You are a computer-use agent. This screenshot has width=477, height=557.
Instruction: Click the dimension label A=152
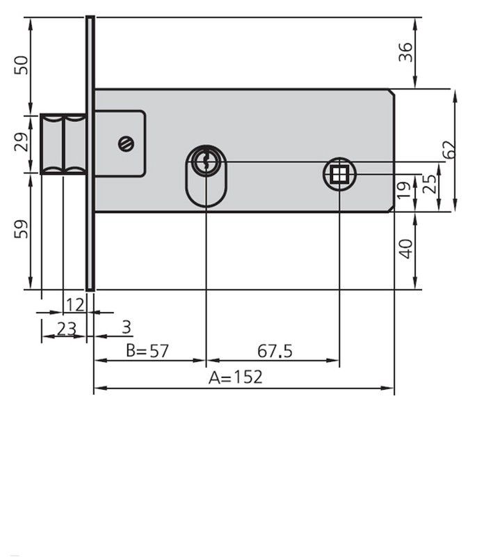236,377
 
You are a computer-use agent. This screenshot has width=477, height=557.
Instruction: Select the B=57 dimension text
147,350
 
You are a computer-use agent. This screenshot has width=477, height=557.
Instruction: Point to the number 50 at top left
22,65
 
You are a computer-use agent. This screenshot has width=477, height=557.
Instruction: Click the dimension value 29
22,143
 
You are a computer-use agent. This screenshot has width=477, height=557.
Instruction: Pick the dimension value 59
22,228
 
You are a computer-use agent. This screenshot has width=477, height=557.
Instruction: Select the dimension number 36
405,52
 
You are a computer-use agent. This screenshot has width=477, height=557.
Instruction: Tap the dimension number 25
430,185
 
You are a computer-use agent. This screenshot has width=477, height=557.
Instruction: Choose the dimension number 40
405,248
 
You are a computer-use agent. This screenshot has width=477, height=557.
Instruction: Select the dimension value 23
66,329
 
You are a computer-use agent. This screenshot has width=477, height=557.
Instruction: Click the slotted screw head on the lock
126,144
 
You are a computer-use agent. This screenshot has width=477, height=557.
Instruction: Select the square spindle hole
339,174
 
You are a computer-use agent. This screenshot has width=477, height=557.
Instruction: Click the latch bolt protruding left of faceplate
63,143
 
